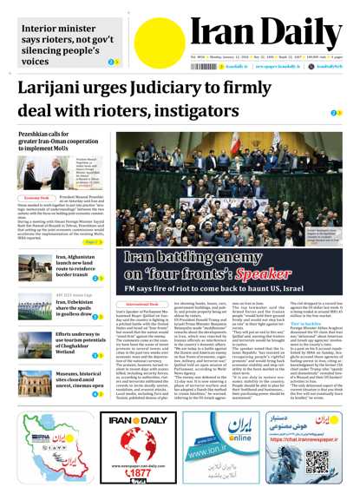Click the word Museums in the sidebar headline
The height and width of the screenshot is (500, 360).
click(70, 372)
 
